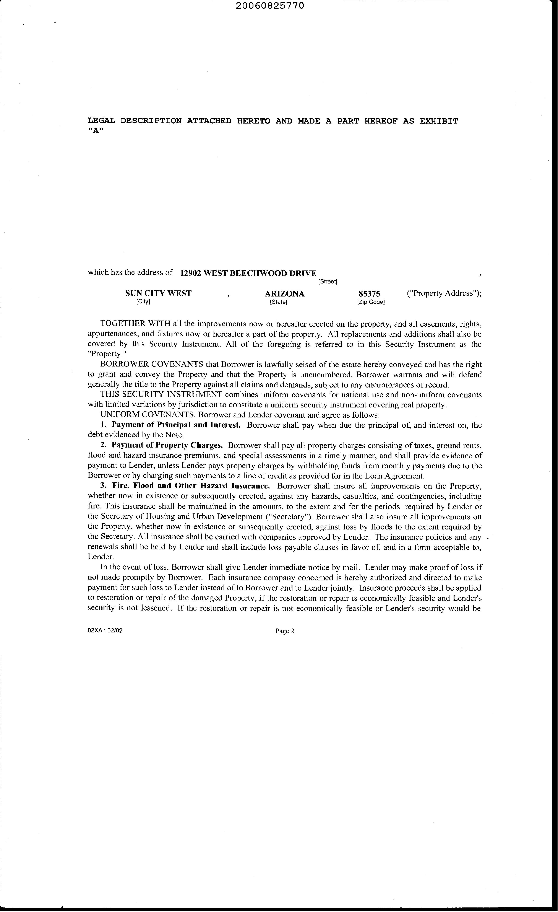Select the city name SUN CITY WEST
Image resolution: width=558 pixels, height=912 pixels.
tap(158, 293)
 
